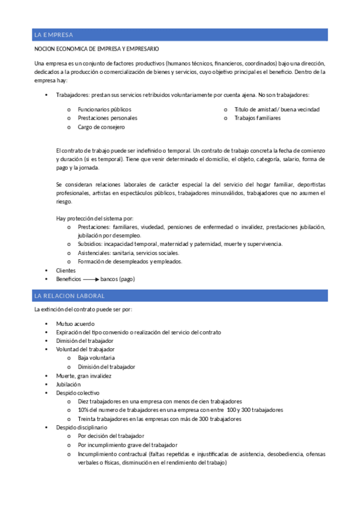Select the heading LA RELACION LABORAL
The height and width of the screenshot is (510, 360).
[70, 296]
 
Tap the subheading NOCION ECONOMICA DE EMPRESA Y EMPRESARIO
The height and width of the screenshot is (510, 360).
[97, 49]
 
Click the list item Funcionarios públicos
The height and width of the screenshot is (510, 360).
[104, 109]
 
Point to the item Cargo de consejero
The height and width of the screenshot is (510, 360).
[101, 127]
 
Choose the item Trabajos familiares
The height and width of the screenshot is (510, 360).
[257, 118]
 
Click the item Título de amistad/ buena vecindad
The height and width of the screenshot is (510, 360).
[276, 109]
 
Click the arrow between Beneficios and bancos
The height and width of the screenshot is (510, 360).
[91, 280]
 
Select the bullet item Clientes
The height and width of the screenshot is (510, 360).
[66, 271]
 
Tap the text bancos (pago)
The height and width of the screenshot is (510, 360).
[118, 280]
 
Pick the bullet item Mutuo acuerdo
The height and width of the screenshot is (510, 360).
[75, 324]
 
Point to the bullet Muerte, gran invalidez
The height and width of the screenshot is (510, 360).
[84, 375]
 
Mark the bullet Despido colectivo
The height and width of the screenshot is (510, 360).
[78, 393]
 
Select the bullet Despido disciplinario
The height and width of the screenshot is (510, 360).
[82, 427]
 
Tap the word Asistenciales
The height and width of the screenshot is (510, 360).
[94, 253]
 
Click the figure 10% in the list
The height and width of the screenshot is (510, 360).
[84, 410]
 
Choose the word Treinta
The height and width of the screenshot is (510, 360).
[87, 419]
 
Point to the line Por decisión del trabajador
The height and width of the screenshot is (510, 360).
[111, 436]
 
